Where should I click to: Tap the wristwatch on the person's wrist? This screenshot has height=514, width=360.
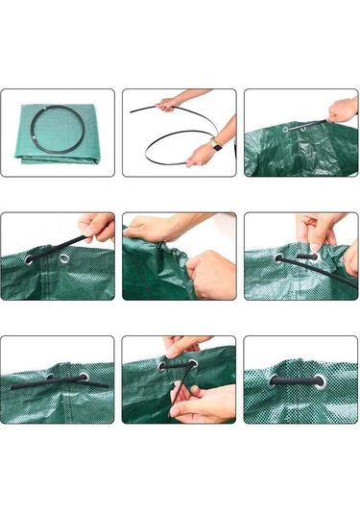pos(216,145)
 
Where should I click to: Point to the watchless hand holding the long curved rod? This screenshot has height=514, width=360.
pos(168,103)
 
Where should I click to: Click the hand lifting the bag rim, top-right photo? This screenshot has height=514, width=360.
pos(340,111)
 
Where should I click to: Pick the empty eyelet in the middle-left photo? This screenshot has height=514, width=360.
pos(29,259)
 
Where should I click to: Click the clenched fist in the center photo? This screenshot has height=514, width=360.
pos(211,274)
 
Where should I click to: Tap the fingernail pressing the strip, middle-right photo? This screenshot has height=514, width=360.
pos(316,247)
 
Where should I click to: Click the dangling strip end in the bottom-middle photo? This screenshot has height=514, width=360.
pos(175,391)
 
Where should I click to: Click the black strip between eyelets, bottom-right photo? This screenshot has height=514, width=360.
pos(299,380)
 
